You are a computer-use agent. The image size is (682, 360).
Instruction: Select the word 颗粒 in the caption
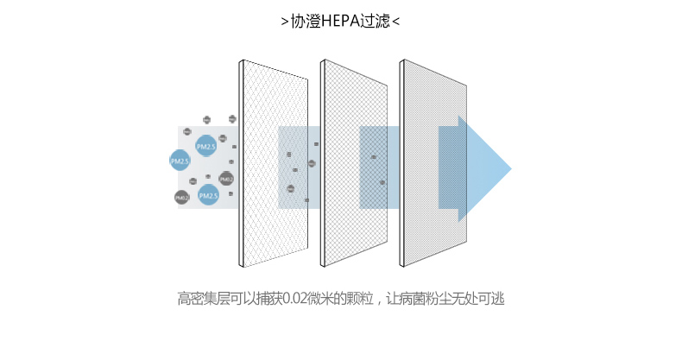point(363,300)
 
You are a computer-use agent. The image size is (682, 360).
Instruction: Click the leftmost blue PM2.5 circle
point(180,161)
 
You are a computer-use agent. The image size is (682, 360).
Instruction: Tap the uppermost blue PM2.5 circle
point(206,146)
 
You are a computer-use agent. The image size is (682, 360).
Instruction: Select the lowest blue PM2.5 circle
point(208,196)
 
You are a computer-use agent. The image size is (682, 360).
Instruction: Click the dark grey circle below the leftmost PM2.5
point(182,197)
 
